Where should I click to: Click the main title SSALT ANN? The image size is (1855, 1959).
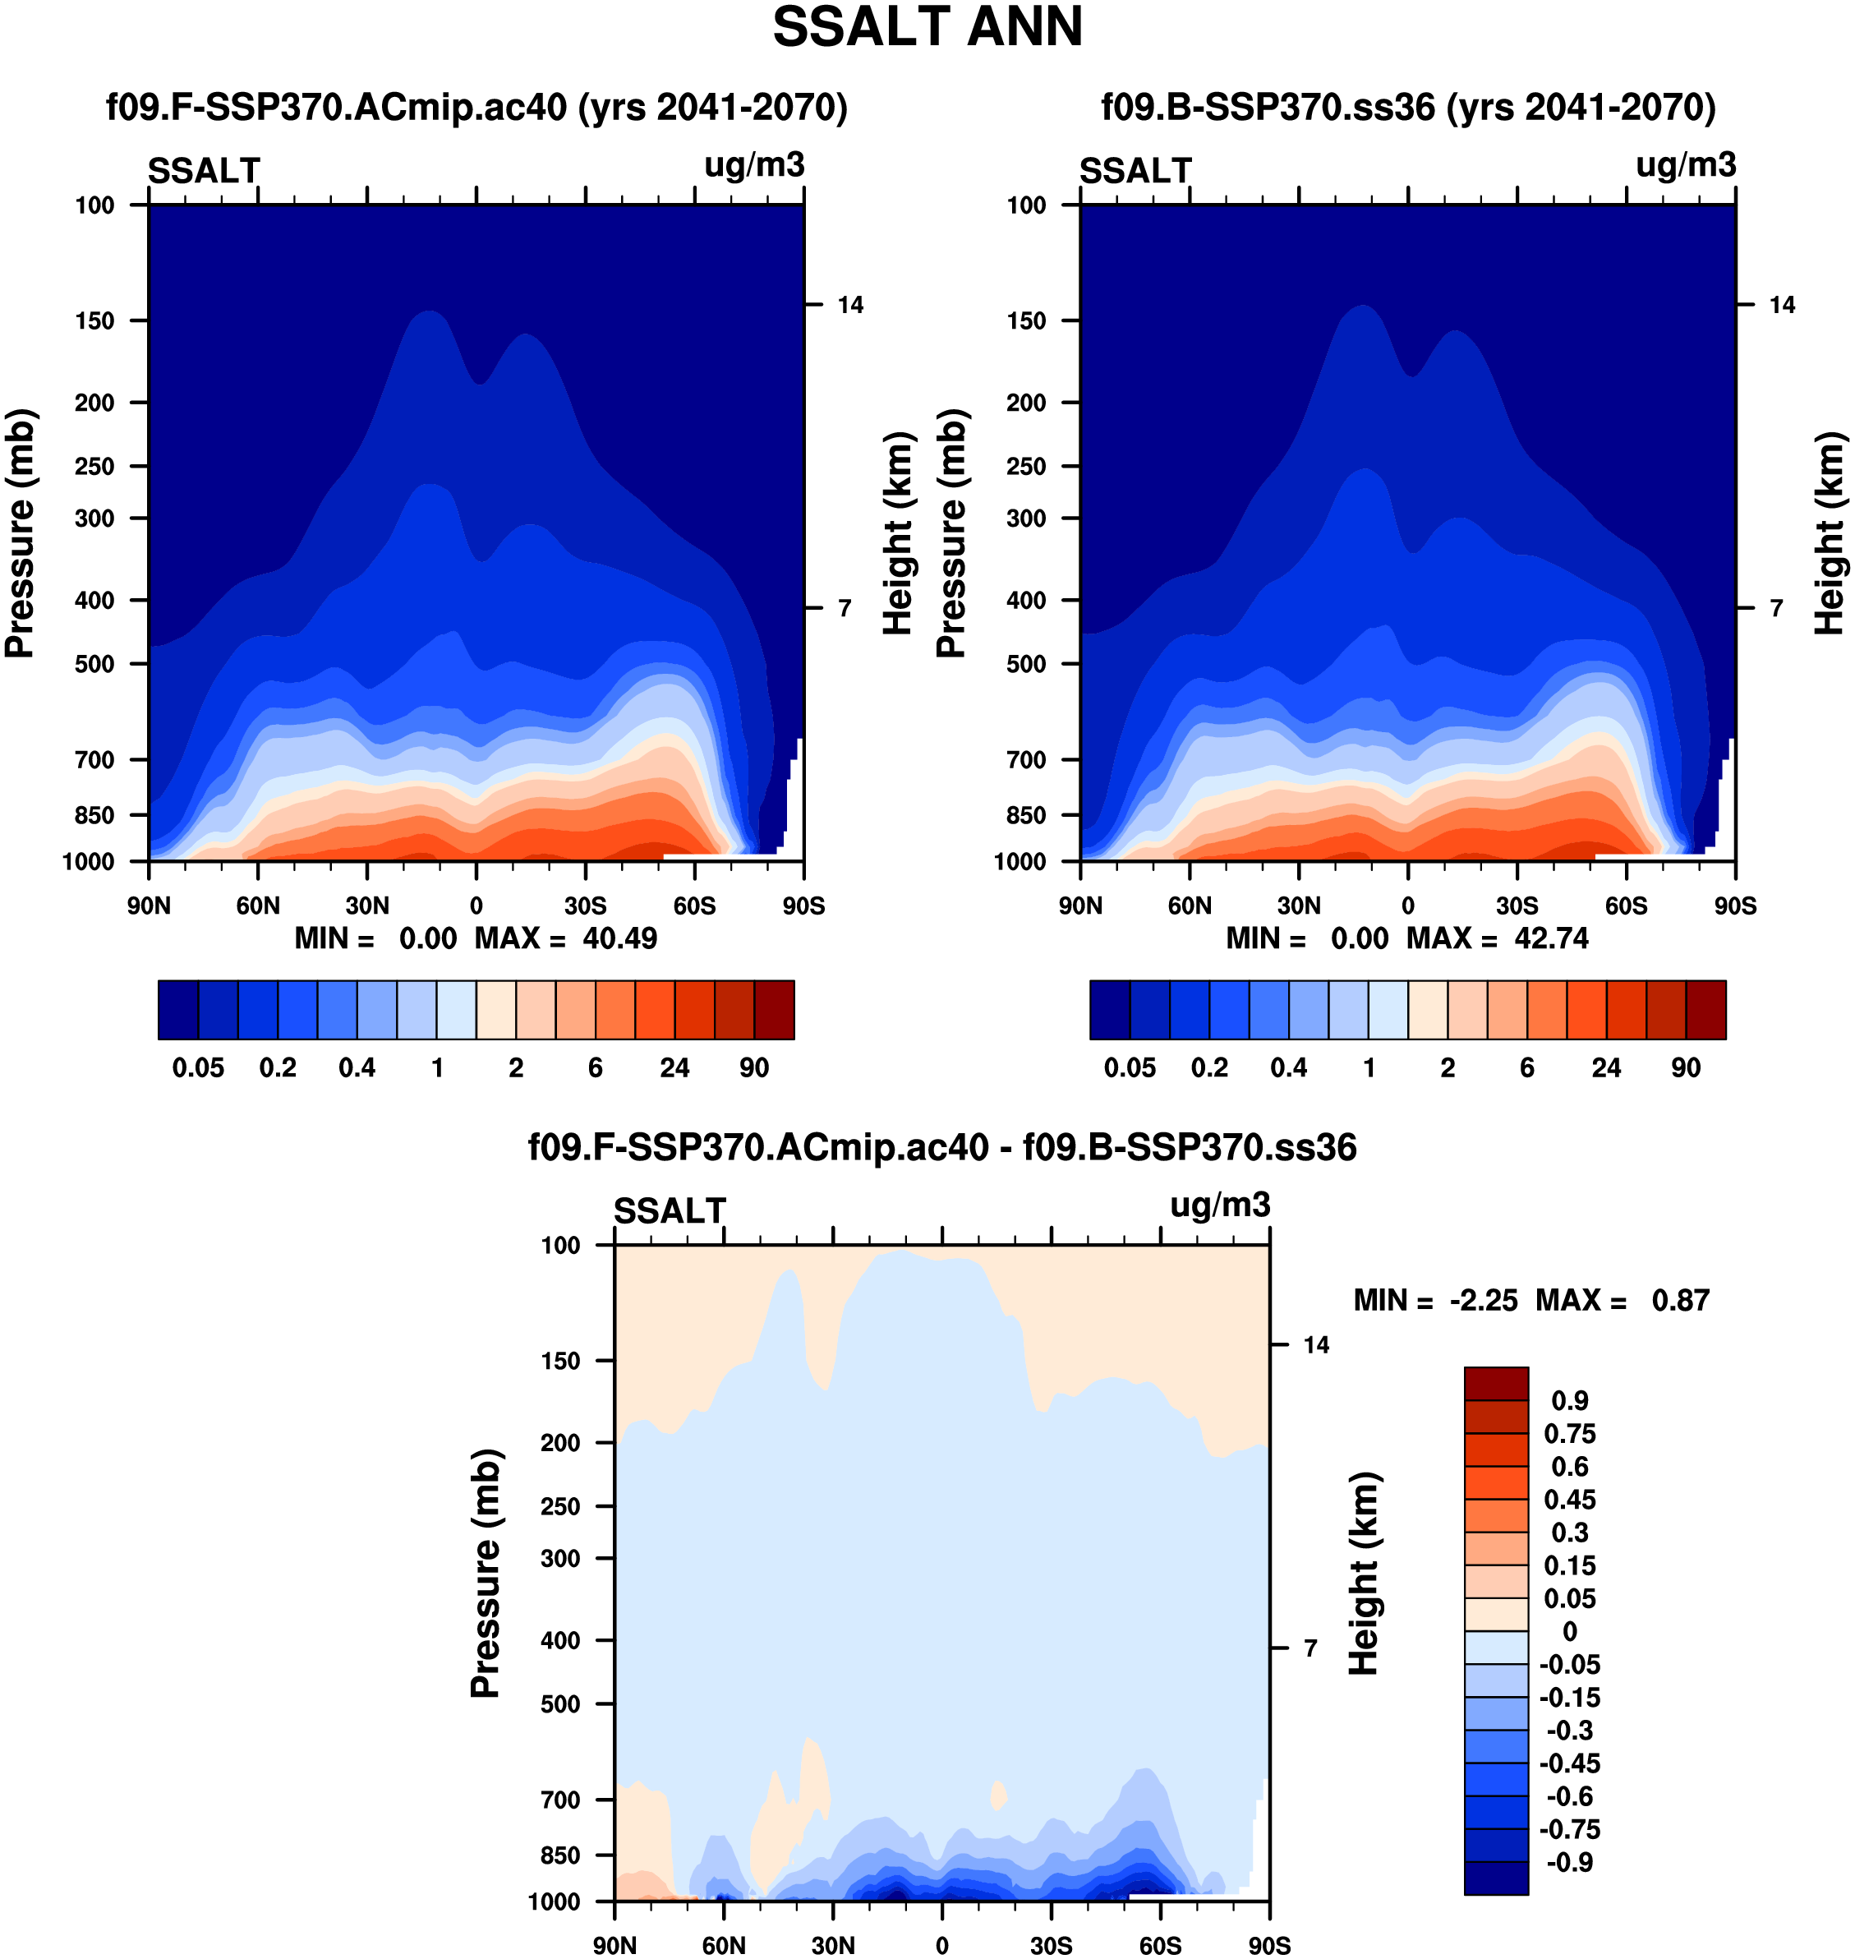[x=927, y=28]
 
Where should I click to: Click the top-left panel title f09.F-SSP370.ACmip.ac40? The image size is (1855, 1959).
[x=476, y=107]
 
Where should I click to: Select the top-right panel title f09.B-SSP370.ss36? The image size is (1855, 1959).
[x=1408, y=107]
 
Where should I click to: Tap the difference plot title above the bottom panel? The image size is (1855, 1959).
[x=941, y=1147]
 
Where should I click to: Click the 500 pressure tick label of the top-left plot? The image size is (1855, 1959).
[x=95, y=665]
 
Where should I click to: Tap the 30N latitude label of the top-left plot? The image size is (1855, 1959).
[x=367, y=906]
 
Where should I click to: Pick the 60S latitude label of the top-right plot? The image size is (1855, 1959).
[x=1626, y=906]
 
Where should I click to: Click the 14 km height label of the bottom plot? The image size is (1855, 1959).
[x=1316, y=1345]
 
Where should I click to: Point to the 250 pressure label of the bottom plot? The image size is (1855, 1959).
[x=560, y=1506]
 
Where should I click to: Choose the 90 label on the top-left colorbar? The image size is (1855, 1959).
[x=753, y=1068]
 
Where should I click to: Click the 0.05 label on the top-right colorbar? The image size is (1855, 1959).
[x=1130, y=1068]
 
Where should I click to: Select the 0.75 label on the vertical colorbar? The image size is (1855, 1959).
[x=1569, y=1434]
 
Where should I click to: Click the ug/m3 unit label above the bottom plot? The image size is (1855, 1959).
[x=1219, y=1205]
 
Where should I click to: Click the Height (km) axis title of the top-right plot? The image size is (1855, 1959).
[x=1830, y=533]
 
